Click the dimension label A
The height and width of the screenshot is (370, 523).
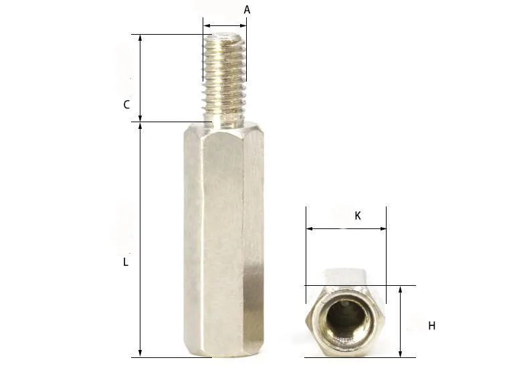(x=247, y=10)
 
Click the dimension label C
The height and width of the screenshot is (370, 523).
(x=126, y=105)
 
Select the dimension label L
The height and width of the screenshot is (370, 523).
(x=125, y=262)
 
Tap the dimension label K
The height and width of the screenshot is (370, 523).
(x=358, y=216)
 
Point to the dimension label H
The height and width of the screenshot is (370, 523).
(x=432, y=326)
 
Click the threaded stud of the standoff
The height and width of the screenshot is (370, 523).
(x=225, y=77)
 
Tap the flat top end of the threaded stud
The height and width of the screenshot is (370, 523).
(x=225, y=38)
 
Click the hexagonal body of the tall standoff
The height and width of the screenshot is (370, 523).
(x=223, y=240)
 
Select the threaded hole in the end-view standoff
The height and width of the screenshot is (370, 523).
(x=348, y=319)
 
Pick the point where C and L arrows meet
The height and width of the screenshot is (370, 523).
(x=140, y=122)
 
